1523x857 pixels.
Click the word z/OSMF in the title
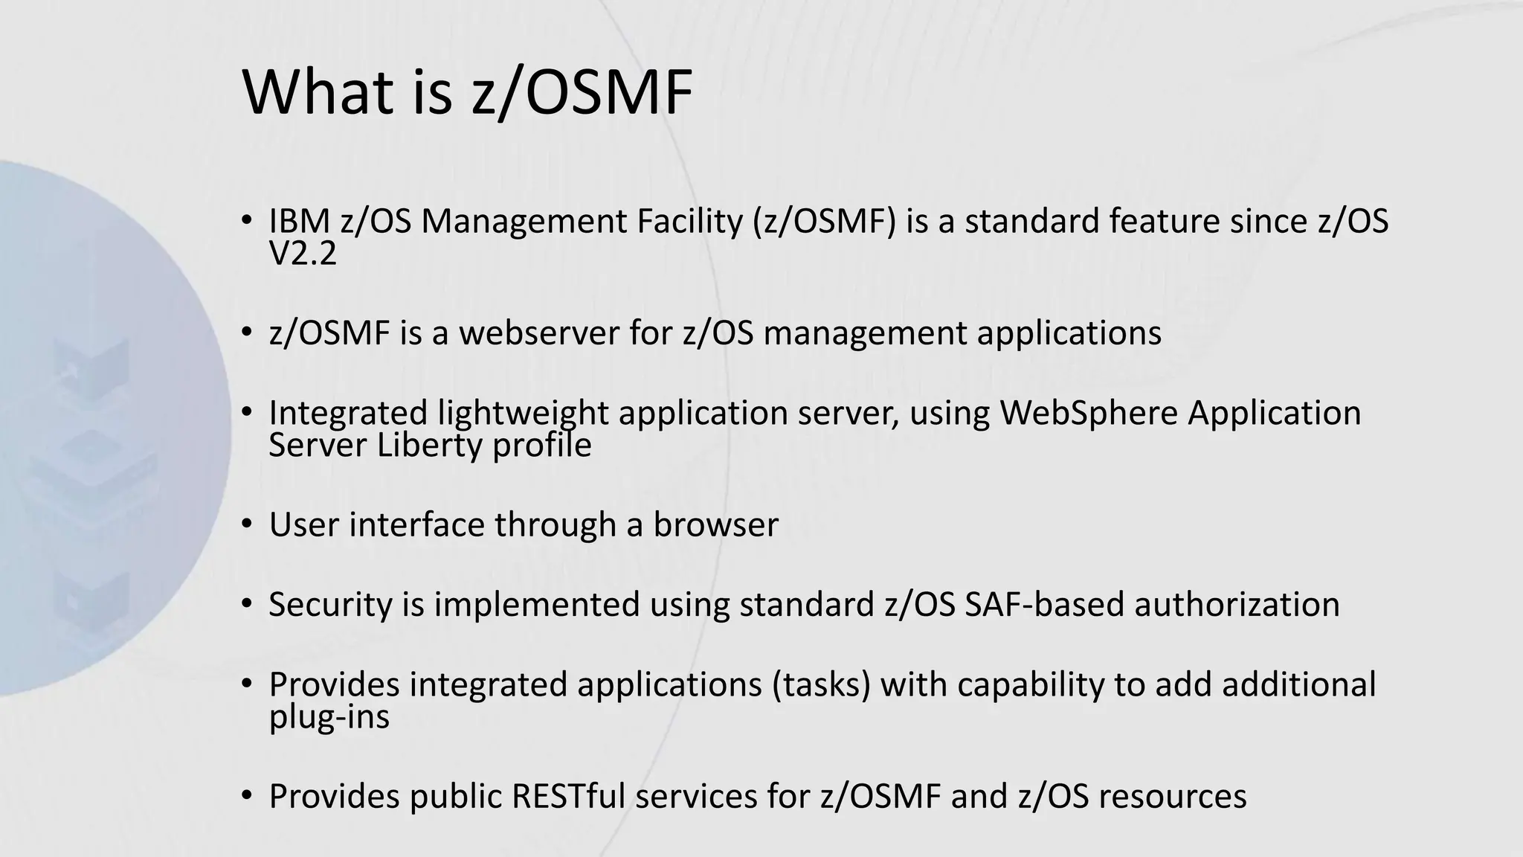(582, 93)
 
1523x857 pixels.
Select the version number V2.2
(303, 254)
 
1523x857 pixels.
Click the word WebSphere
(1089, 413)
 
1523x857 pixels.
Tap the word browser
(715, 524)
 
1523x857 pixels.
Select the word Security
(330, 605)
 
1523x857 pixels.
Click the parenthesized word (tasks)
(821, 684)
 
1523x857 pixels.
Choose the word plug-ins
(329, 717)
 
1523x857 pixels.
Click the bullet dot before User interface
(247, 524)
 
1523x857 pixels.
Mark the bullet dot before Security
(247, 604)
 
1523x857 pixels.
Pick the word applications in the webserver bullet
(1069, 333)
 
